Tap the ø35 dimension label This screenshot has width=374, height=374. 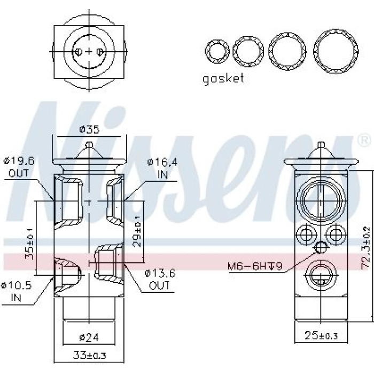pyautogui.click(x=89, y=129)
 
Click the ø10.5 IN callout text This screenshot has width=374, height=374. pyautogui.click(x=16, y=291)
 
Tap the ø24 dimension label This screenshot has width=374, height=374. pyautogui.click(x=89, y=337)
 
